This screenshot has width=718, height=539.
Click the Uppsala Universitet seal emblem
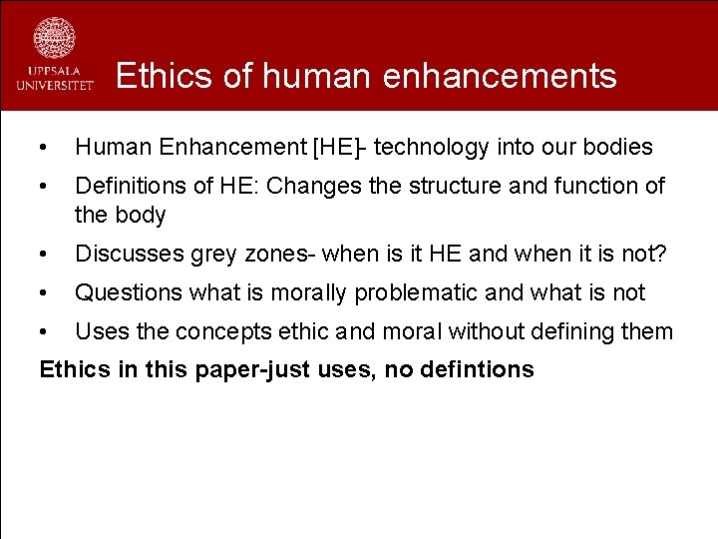point(54,38)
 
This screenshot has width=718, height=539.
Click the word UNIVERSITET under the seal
point(55,86)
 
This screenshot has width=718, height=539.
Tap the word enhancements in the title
point(503,76)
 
